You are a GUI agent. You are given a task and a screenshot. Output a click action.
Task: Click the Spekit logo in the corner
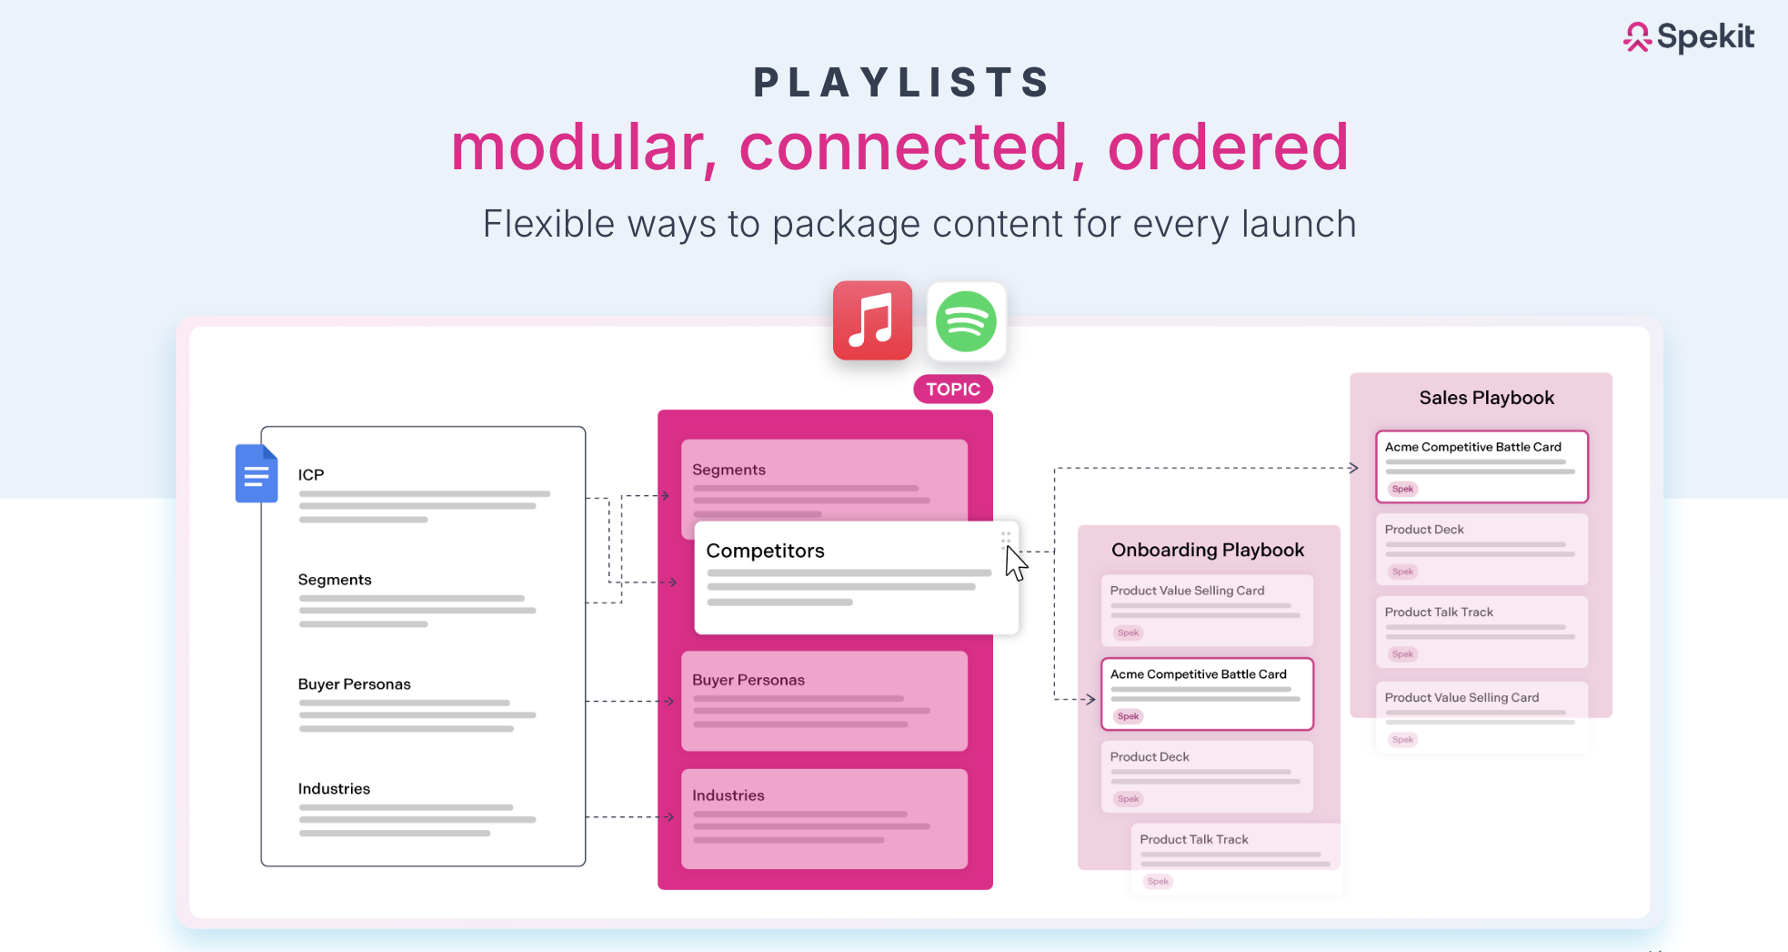[x=1688, y=36]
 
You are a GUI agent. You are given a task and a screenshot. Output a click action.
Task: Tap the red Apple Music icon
[x=872, y=320]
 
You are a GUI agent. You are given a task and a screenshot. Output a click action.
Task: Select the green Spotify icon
[x=966, y=321]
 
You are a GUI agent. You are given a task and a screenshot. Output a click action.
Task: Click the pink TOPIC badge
[x=952, y=390]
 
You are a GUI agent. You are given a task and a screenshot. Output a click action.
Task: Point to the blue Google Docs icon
[x=256, y=473]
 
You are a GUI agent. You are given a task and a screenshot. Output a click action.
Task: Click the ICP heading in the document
[x=311, y=475]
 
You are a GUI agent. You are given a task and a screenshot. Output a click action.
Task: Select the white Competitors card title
[x=765, y=551]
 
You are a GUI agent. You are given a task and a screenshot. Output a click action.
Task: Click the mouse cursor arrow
[x=1015, y=562]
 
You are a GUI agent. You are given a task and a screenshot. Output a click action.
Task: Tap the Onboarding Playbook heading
[x=1207, y=550]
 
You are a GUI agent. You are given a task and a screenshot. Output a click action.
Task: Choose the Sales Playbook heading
[x=1486, y=398]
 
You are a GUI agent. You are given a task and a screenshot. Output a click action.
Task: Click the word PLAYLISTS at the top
[x=901, y=83]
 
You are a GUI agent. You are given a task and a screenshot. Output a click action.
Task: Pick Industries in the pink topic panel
[x=728, y=795]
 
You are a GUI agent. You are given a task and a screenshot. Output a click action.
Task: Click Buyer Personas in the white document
[x=354, y=684]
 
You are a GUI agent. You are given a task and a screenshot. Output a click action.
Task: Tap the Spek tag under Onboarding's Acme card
[x=1128, y=716]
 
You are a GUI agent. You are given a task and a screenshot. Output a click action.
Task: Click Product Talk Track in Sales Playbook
[x=1439, y=613]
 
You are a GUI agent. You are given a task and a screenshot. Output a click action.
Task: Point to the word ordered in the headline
[x=1227, y=147]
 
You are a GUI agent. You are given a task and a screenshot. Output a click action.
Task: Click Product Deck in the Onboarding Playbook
[x=1150, y=757]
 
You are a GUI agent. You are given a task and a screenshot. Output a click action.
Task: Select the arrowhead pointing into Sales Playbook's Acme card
[x=1354, y=468]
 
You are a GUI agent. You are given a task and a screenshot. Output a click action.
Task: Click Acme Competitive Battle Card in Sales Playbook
[x=1472, y=447]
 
